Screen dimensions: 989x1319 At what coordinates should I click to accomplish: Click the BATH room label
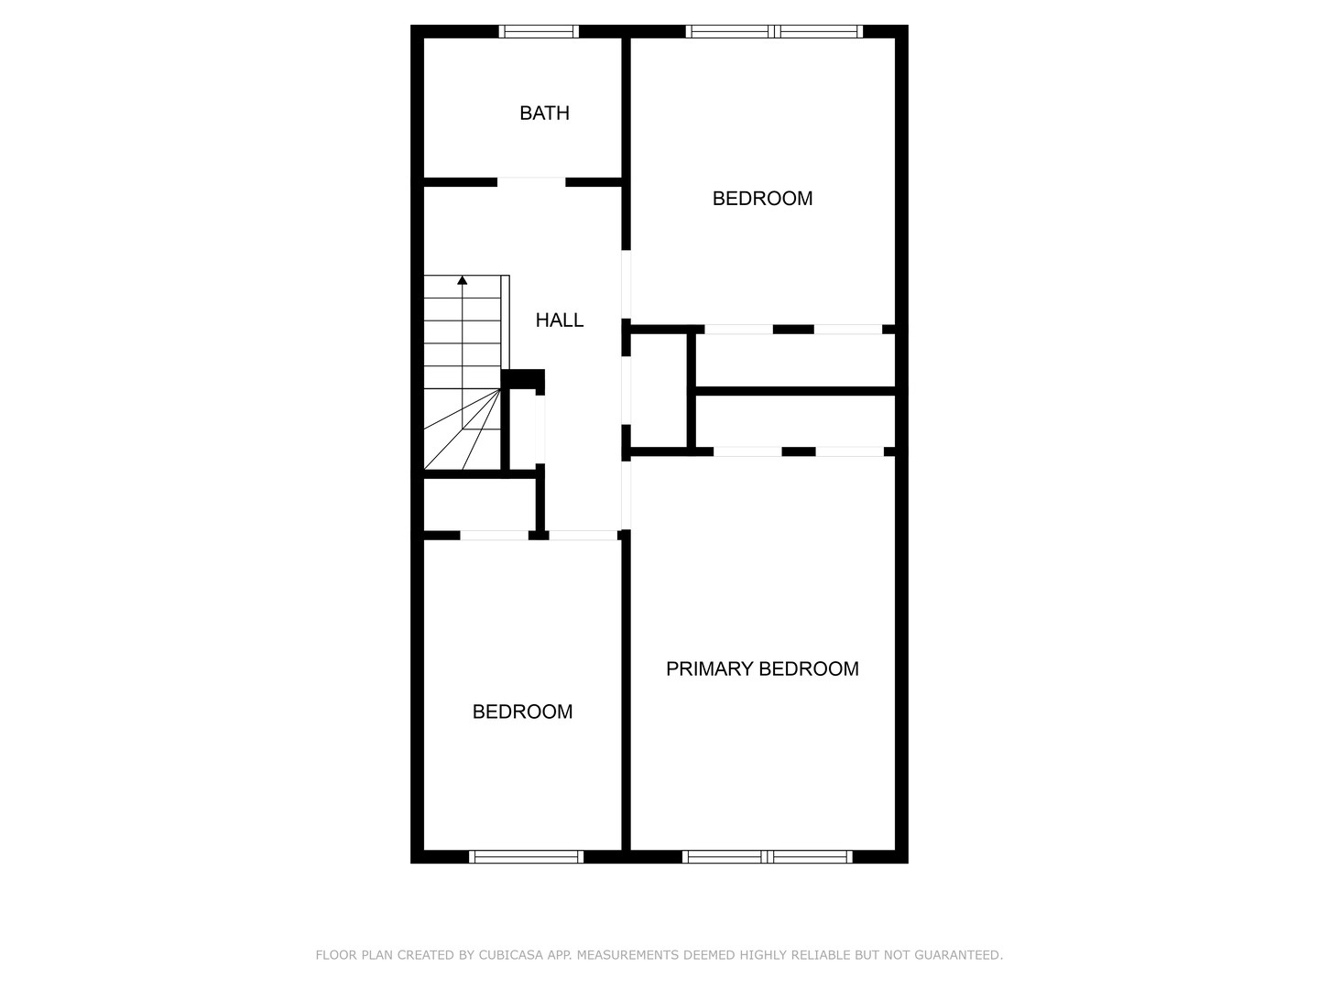pos(544,113)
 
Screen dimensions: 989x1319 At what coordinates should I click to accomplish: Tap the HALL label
pos(559,320)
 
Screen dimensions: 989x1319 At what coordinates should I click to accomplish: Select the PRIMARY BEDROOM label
pos(762,668)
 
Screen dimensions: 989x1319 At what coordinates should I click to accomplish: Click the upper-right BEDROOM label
pos(762,198)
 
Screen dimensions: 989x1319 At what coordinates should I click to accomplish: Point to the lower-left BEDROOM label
pos(522,712)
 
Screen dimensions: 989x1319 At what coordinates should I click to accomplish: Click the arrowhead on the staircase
pos(463,280)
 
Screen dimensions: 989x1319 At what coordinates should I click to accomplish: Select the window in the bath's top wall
pos(539,31)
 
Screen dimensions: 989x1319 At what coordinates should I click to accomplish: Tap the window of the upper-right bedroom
pos(774,31)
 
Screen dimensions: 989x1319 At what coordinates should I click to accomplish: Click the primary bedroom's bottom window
pos(768,857)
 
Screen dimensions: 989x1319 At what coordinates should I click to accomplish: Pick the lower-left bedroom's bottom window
pos(526,857)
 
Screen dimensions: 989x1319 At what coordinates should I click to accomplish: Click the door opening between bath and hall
pos(531,181)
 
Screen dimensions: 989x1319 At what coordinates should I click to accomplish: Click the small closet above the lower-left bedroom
pos(478,504)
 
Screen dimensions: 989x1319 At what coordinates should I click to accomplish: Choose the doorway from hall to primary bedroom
pos(627,494)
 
